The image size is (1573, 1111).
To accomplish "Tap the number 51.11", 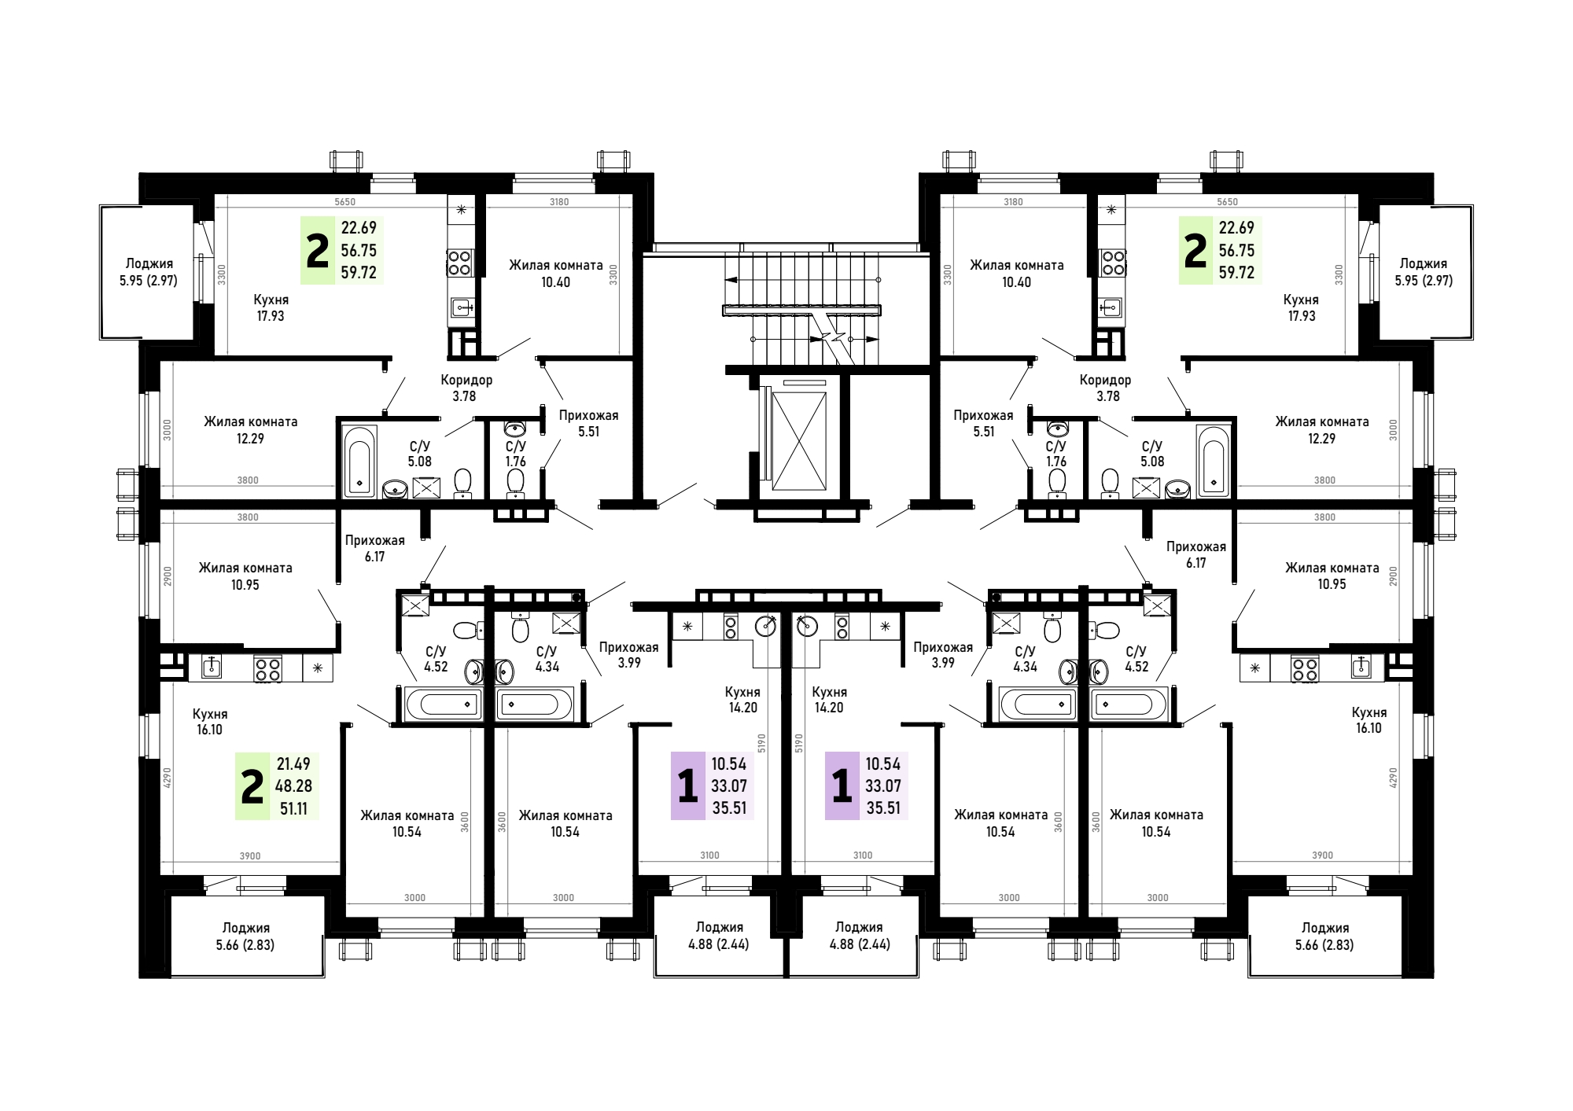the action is [293, 807].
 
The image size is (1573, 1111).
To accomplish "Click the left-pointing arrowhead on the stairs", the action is [731, 279].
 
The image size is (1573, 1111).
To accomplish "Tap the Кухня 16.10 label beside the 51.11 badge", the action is [210, 721].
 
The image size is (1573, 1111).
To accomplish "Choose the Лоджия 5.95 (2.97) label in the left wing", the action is [149, 271].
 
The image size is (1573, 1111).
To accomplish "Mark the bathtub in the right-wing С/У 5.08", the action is [1213, 461].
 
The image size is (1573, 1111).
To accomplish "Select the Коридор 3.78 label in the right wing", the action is [1106, 388].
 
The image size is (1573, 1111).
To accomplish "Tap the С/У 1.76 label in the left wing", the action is [516, 454].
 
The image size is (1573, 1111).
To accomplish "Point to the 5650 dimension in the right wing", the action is [1227, 202].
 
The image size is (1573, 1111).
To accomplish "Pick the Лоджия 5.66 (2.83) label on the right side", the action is [1324, 936].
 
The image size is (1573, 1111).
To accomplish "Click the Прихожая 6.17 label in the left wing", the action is [374, 548].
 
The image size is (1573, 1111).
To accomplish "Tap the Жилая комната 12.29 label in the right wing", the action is [1321, 430].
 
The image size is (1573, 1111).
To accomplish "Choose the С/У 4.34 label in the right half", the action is [1025, 659].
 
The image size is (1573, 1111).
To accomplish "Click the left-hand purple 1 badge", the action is [688, 786].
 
